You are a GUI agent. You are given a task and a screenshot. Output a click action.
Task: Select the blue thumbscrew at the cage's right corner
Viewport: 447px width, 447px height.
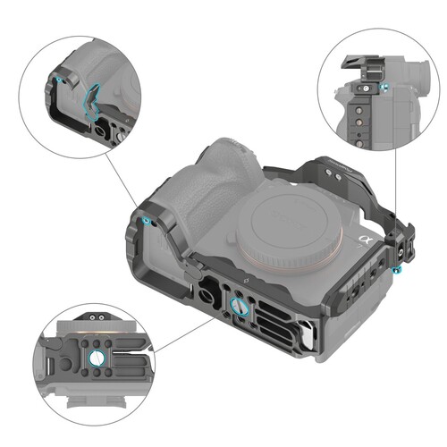coord(395,269)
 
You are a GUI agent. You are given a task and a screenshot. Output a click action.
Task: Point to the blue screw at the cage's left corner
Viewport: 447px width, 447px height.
coord(145,220)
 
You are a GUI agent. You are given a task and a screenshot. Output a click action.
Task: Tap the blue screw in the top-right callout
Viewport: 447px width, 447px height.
coord(384,88)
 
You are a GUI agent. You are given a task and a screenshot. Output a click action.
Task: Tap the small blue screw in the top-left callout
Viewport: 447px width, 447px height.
coord(59,80)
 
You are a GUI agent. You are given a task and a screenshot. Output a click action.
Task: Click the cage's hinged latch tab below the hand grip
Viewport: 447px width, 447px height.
coord(191,266)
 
